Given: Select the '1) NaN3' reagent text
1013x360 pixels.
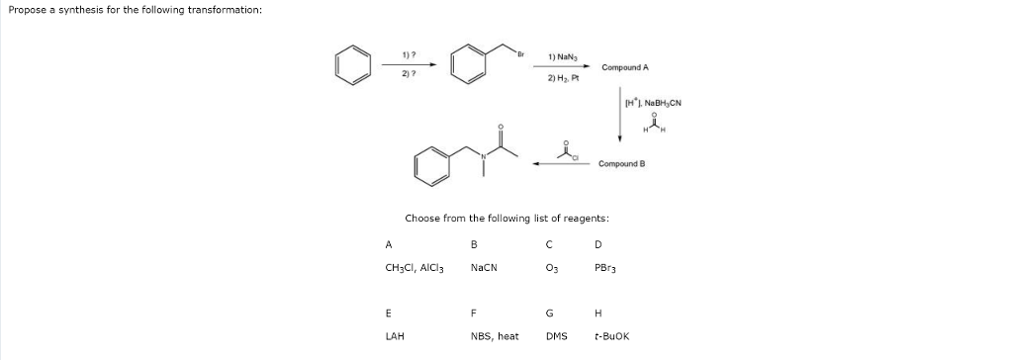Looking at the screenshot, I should [x=562, y=57].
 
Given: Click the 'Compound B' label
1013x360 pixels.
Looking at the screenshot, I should [x=621, y=163].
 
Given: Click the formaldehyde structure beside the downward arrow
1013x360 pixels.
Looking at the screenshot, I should [x=650, y=123].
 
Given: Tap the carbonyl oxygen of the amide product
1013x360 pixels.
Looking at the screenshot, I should [x=501, y=128].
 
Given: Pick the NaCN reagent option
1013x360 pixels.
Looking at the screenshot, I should [x=484, y=267].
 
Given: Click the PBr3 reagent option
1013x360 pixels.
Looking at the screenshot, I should [x=604, y=267].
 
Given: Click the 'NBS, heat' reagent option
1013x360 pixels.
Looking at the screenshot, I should [x=495, y=335].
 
